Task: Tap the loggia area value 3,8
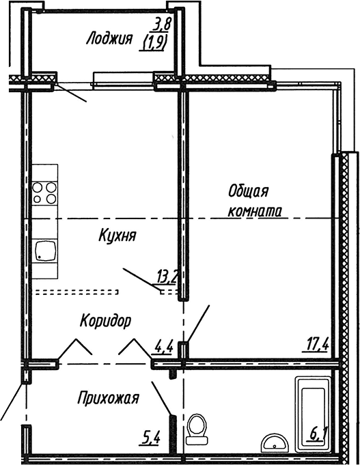tap(162, 26)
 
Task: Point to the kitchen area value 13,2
tap(167, 276)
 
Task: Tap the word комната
tap(255, 211)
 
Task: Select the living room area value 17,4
tap(318, 344)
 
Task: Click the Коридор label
tap(105, 320)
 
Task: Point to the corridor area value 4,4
tap(163, 346)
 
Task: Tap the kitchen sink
tap(46, 251)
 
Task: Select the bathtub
tap(313, 412)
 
